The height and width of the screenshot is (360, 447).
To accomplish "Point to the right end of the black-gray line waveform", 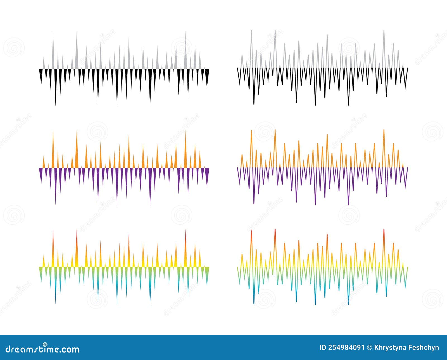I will tap(407, 68).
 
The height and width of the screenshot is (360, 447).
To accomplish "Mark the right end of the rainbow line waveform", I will tap(407, 267).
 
